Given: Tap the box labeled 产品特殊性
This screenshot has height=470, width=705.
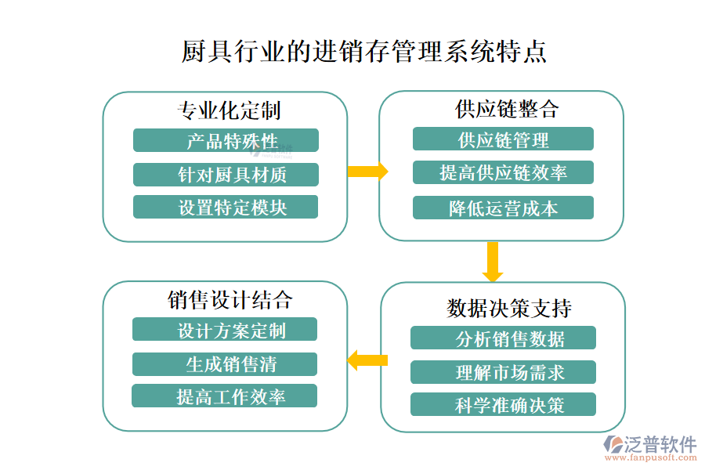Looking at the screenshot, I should pos(226,141).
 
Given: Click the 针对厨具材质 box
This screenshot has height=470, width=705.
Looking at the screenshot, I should pos(226,175).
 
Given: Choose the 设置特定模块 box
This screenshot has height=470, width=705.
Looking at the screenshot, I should pos(226,208).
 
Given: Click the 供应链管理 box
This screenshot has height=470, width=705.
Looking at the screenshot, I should pos(503,139).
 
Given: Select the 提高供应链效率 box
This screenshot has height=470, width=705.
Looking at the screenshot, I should pos(503,173).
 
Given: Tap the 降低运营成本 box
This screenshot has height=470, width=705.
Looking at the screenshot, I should pos(503,208).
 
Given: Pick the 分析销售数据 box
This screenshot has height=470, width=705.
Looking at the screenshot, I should pos(503,338).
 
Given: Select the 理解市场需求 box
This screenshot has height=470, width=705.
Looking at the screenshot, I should pos(503,372).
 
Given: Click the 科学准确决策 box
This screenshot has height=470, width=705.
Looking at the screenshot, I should pos(503,405).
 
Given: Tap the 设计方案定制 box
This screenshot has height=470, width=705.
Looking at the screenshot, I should pos(225,330).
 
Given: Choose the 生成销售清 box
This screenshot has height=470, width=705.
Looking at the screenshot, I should pos(225,364).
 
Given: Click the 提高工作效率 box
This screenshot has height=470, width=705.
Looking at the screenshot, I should pos(225,396).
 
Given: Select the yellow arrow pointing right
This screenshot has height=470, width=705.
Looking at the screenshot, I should pos(367,172).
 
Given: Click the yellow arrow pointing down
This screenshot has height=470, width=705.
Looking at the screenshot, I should pos(492,262).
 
